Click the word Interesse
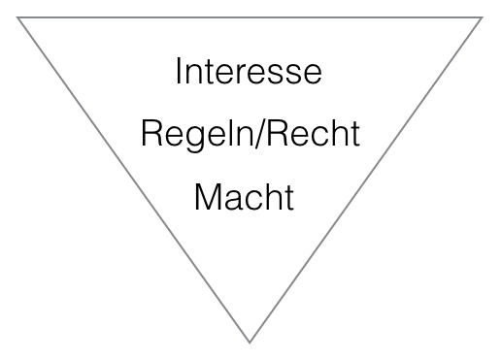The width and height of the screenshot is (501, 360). (249, 72)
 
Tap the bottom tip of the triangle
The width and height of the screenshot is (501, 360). (250, 341)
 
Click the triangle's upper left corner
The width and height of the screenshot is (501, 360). (17, 18)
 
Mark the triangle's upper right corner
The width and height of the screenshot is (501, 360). (482, 18)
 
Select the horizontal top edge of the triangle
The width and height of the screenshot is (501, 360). (250, 18)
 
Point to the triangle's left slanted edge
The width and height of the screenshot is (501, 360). (133, 180)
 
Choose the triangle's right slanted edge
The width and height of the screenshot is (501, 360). (366, 180)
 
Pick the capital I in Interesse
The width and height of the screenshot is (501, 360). (180, 72)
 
